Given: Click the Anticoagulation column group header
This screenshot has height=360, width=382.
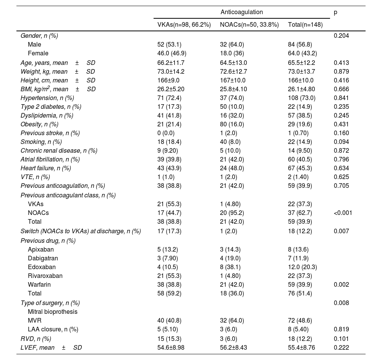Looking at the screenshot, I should point(241,12).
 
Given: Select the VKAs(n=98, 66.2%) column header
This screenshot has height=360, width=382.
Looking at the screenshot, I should point(184,25).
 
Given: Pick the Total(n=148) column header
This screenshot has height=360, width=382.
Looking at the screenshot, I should point(305,25).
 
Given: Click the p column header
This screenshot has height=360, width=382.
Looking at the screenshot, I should point(335,12).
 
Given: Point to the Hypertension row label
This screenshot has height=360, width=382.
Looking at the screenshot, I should point(47,98).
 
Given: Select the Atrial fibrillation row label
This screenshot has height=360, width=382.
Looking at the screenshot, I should point(50,159).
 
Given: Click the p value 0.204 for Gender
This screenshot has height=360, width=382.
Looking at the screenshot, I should point(341,36).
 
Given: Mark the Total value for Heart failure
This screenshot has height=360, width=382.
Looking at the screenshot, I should point(301,168).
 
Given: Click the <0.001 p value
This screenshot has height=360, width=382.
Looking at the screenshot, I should point(343,213).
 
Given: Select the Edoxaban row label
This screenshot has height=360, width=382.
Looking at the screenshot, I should point(42,267).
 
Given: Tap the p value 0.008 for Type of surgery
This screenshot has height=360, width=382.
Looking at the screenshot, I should point(341,303).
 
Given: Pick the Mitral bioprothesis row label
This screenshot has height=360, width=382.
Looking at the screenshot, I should point(52,312).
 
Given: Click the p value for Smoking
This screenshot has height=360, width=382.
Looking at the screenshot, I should point(341,142).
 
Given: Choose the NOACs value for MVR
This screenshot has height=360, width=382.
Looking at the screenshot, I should point(232,320).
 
